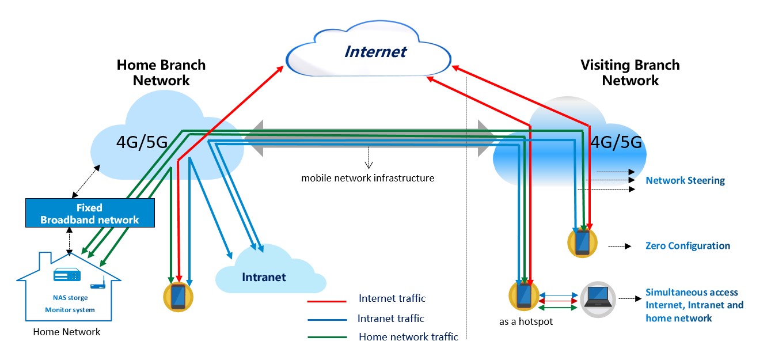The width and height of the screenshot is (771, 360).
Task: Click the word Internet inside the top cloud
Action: click(375, 52)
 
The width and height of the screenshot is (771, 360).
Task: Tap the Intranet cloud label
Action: click(263, 278)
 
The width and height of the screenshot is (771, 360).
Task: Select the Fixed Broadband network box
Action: click(89, 214)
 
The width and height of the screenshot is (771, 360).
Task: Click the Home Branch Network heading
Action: click(161, 73)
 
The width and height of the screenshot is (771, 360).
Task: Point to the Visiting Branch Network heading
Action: click(630, 73)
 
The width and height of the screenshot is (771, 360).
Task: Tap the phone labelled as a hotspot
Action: click(523, 295)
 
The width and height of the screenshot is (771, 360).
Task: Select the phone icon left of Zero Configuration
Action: click(582, 242)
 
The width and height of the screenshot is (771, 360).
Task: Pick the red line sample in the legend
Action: click(327, 300)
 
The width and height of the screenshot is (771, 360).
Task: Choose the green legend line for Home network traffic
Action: click(327, 338)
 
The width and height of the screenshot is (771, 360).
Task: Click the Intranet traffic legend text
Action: click(390, 319)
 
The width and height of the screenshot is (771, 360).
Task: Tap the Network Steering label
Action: click(685, 181)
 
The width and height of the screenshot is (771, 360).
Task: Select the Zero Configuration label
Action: click(688, 246)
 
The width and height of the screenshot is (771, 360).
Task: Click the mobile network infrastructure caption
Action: click(367, 178)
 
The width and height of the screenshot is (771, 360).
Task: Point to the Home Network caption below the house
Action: click(67, 332)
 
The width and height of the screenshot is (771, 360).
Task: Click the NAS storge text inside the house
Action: click(67, 298)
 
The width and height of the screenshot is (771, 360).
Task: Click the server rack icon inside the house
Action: click(67, 276)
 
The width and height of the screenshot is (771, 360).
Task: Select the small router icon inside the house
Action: click(98, 285)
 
